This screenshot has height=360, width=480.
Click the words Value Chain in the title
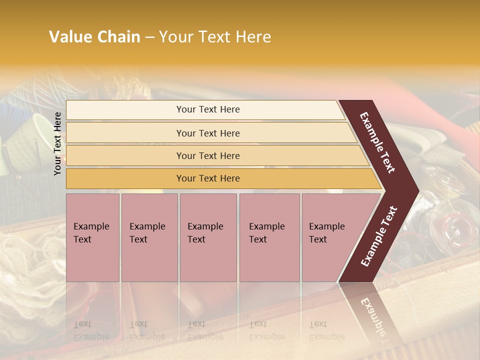pos(94,37)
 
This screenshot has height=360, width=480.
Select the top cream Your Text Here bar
pos(207,109)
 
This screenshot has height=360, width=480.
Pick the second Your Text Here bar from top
pos(207,133)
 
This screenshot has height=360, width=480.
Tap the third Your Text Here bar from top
pos(207,155)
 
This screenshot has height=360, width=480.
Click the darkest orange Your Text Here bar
pos(207,178)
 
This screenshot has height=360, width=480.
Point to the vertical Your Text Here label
pos(57,143)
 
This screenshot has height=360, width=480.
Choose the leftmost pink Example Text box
pos(92,237)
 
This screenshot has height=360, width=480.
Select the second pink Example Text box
pos(149,237)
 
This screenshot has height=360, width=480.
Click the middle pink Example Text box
pos(208,237)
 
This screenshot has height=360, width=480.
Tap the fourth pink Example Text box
pos(269,237)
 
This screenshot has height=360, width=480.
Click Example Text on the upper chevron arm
pos(377,142)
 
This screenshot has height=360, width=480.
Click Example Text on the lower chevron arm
pos(379,236)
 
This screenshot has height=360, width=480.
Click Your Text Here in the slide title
pos(215,37)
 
